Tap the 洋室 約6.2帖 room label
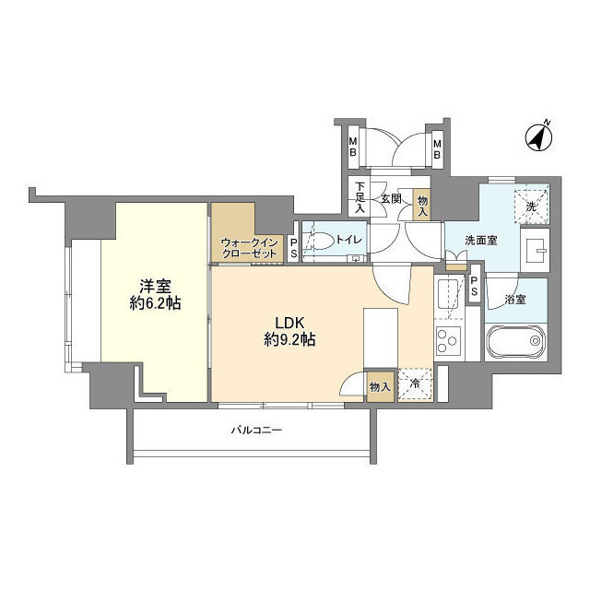152,292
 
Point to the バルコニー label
255,431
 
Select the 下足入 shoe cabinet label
360,199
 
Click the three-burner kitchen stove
448,342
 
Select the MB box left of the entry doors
352,148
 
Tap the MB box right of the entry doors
438,148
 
